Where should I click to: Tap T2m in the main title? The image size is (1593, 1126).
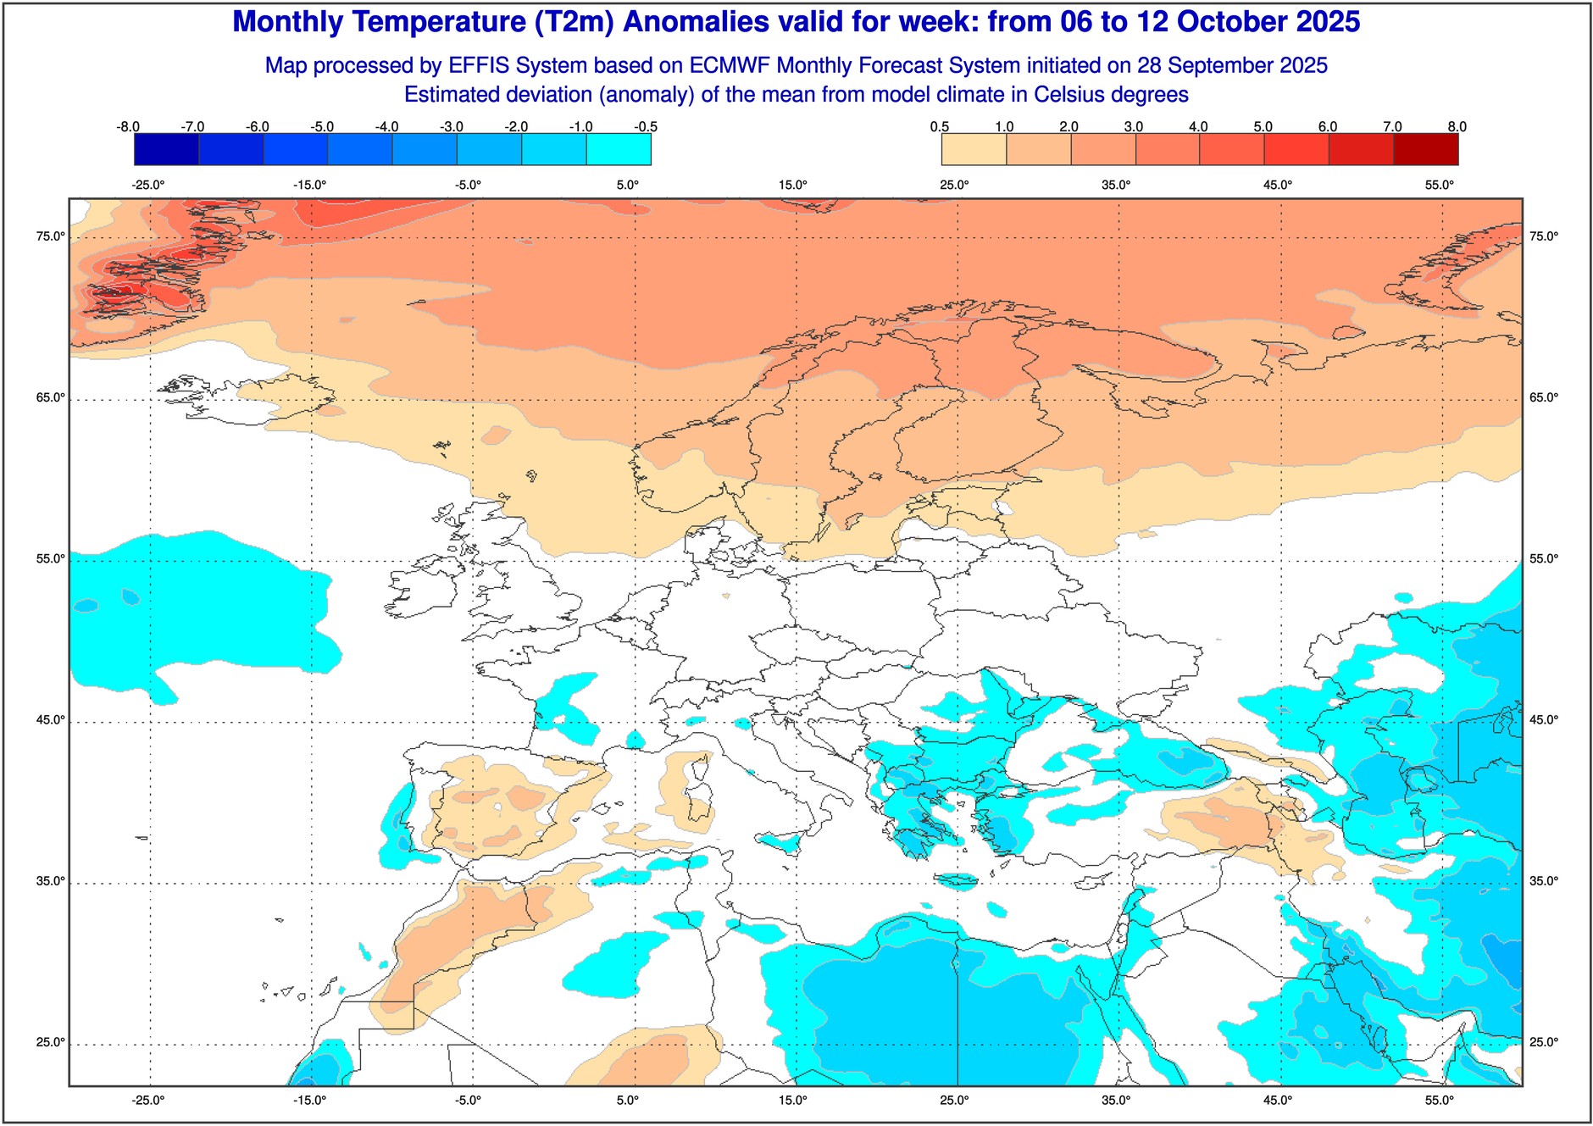tap(574, 22)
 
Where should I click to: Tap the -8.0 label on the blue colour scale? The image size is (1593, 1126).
tap(128, 127)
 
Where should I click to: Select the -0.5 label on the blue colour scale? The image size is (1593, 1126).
tap(646, 127)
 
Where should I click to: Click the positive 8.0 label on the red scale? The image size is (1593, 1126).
tap(1457, 127)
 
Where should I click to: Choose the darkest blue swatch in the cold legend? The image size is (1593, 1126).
tap(166, 149)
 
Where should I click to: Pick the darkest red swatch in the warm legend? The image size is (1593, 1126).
tap(1425, 149)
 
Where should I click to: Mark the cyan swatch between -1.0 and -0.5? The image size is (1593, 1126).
tap(619, 149)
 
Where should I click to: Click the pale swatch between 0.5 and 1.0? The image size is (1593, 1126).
tap(974, 149)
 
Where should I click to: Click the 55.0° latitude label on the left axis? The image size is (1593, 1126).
tap(50, 559)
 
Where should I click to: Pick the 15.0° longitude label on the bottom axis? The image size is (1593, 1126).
tap(793, 1101)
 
